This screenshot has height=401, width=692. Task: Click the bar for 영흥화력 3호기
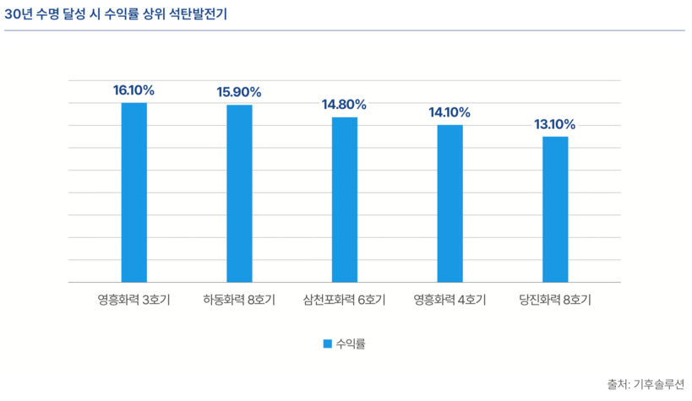[x=133, y=192]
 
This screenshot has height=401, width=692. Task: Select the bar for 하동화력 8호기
[x=239, y=193]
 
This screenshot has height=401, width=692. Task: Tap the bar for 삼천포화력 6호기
[x=344, y=199]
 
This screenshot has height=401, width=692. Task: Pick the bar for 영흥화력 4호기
[x=450, y=203]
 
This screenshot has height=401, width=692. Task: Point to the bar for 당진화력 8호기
[x=555, y=209]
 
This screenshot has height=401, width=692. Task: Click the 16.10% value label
[x=133, y=89]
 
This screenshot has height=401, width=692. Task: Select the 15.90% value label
[x=239, y=92]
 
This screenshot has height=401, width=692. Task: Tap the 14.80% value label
[x=344, y=105]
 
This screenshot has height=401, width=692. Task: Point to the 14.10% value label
[x=450, y=112]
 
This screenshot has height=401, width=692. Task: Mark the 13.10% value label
[x=555, y=124]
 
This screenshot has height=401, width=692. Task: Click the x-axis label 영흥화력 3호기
[x=133, y=300]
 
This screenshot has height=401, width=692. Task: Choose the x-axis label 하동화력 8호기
[x=239, y=300]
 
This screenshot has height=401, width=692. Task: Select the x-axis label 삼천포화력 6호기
[x=344, y=300]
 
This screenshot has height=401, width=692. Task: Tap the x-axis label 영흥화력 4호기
[x=450, y=300]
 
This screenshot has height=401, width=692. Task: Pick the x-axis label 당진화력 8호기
[x=555, y=300]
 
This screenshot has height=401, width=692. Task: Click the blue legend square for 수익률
[x=327, y=344]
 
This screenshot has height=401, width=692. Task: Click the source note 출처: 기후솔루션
[x=645, y=384]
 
